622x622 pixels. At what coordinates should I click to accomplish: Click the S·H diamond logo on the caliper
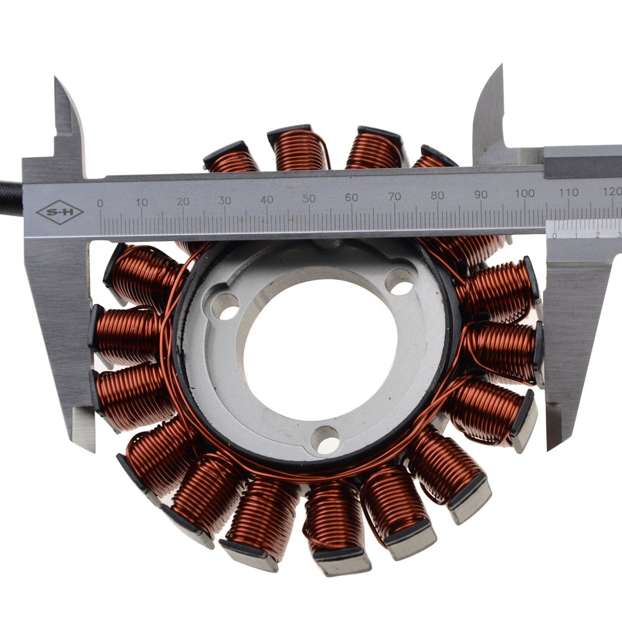(x=60, y=212)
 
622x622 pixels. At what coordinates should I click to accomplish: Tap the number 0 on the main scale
(x=100, y=203)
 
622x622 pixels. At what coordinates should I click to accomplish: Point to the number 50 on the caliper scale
(x=309, y=198)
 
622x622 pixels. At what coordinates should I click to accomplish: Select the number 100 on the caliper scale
(x=525, y=193)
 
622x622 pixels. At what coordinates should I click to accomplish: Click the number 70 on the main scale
(x=394, y=196)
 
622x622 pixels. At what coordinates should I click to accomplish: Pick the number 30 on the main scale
(x=224, y=201)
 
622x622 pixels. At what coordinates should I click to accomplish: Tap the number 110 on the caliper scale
(x=569, y=192)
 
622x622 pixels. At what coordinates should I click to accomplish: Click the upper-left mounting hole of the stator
(x=226, y=306)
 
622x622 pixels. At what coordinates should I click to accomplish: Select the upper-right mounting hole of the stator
(x=400, y=282)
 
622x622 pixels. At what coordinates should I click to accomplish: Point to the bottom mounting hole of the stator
(x=326, y=440)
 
